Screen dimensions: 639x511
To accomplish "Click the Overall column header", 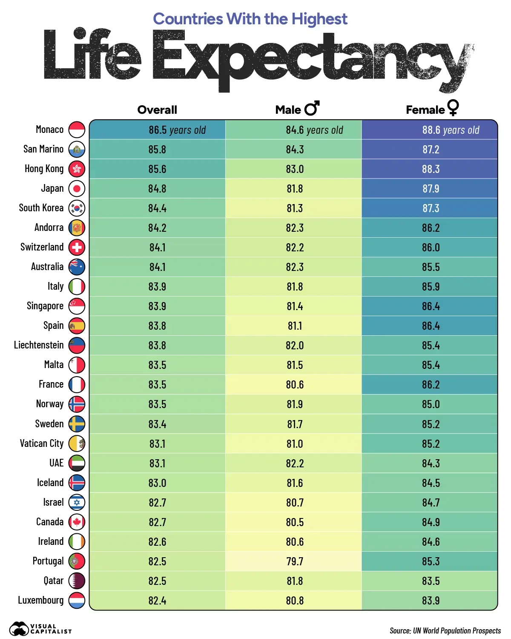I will pyautogui.click(x=157, y=110).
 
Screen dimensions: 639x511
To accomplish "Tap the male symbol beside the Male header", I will pyautogui.click(x=312, y=108).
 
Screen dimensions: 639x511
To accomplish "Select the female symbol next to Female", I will pyautogui.click(x=453, y=107).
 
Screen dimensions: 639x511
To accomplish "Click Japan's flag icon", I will pyautogui.click(x=77, y=189).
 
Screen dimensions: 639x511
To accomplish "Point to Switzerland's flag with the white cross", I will pyautogui.click(x=77, y=248).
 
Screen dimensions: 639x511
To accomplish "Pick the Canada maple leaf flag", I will pyautogui.click(x=77, y=522).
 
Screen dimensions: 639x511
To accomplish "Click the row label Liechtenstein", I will pyautogui.click(x=39, y=345).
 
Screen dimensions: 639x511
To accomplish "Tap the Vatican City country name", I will pyautogui.click(x=42, y=443).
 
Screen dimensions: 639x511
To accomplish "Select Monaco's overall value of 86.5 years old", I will pyautogui.click(x=177, y=130).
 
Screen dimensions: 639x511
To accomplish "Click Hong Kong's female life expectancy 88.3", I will pyautogui.click(x=431, y=169).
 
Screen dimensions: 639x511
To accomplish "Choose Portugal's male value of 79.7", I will pyautogui.click(x=295, y=561).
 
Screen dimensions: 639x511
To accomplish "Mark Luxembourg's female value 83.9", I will pyautogui.click(x=431, y=601).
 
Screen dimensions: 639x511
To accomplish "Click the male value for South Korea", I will pyautogui.click(x=295, y=208).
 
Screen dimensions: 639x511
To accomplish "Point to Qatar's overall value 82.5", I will pyautogui.click(x=157, y=581).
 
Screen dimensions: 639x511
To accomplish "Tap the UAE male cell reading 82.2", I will pyautogui.click(x=295, y=463).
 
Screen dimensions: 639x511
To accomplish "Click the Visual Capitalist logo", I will pyautogui.click(x=40, y=629).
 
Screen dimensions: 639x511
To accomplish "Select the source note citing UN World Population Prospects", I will pyautogui.click(x=445, y=631).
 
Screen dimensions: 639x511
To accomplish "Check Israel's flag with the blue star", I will pyautogui.click(x=77, y=503).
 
